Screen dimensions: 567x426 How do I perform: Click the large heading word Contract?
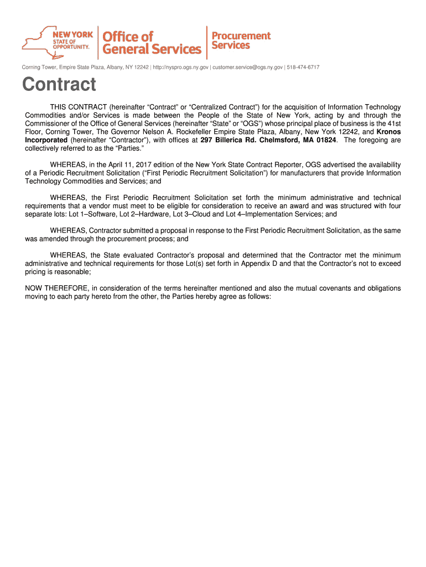point(59,85)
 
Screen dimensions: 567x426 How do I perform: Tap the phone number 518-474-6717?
point(303,67)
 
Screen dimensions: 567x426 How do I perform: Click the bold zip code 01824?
point(323,140)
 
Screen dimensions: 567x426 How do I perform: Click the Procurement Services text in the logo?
point(241,40)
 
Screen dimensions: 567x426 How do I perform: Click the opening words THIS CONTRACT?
point(78,107)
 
